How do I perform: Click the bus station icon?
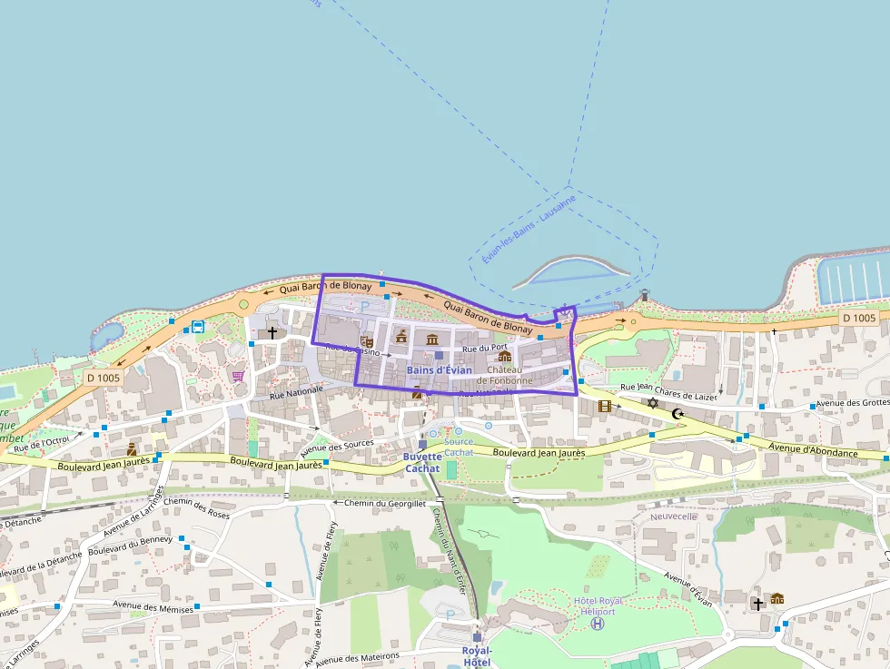(x=197, y=327)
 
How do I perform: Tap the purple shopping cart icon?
(x=239, y=375)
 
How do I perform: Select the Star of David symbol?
(x=651, y=402)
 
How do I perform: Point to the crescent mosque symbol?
(x=677, y=414)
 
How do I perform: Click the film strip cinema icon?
(x=605, y=406)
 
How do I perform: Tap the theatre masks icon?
(x=367, y=341)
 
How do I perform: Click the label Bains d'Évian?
(x=440, y=369)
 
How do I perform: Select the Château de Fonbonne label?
(x=509, y=375)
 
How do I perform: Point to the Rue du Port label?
(x=484, y=348)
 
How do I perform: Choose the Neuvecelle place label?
(x=672, y=516)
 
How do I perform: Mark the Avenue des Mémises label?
(x=153, y=607)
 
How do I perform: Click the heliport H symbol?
(x=597, y=625)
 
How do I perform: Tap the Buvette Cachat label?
(x=422, y=462)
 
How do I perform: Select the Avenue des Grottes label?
(x=852, y=403)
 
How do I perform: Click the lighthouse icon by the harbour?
(x=645, y=294)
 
